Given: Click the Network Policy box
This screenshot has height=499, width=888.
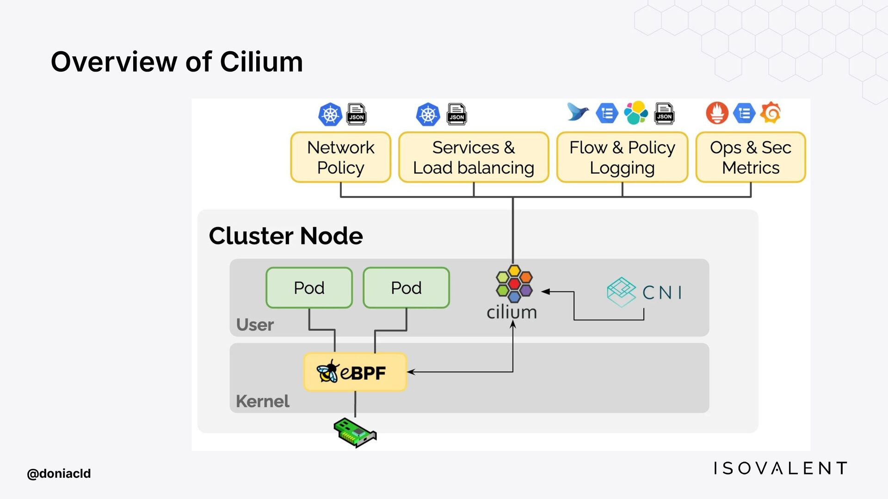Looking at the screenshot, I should click(x=340, y=157).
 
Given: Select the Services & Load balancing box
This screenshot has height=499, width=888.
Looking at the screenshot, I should click(x=473, y=157).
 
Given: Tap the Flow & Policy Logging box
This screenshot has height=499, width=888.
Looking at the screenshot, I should click(x=622, y=157).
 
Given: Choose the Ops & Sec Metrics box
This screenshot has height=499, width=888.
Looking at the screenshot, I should click(x=750, y=157).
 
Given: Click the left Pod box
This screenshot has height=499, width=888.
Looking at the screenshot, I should click(x=309, y=287).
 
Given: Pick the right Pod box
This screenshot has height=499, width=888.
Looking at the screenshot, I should click(x=406, y=287).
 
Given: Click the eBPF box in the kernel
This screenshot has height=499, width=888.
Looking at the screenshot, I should click(x=355, y=372).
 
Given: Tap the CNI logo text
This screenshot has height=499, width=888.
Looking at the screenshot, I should click(x=662, y=292).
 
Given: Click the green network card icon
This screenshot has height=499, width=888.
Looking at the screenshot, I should click(x=355, y=432).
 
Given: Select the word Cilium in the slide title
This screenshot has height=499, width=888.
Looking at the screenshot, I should click(x=261, y=62).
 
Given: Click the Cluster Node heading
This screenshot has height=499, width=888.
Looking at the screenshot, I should click(x=286, y=236).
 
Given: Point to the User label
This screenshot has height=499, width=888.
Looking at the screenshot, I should click(x=255, y=325).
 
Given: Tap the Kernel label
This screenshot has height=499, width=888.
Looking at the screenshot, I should click(x=262, y=401).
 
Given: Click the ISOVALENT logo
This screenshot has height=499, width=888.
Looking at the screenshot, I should click(x=780, y=468).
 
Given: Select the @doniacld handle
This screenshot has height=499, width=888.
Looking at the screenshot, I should click(x=59, y=474).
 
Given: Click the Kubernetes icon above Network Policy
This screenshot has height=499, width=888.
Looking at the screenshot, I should click(x=330, y=114).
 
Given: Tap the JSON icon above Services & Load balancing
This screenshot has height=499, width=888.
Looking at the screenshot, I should click(x=456, y=114).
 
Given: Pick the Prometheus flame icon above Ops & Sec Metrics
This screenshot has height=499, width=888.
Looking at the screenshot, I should click(x=717, y=113).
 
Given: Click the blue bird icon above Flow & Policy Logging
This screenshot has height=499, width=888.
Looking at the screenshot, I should click(x=578, y=112).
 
